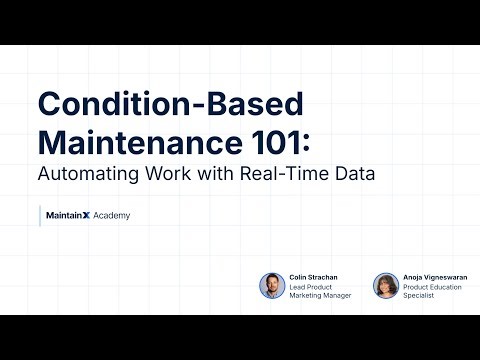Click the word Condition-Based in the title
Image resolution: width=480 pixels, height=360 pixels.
(168, 103)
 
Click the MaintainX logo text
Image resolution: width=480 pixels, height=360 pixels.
(67, 215)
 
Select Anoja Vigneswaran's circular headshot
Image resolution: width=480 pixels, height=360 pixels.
(386, 286)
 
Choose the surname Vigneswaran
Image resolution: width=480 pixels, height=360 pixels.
(448, 276)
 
